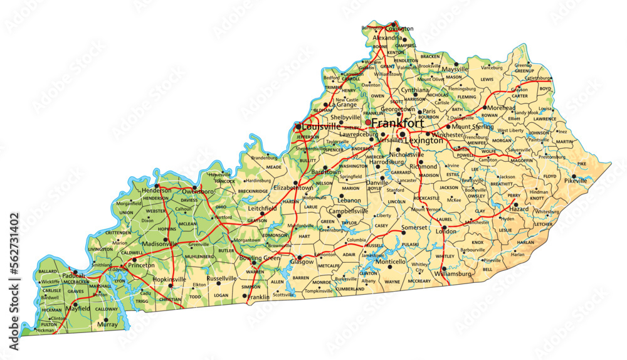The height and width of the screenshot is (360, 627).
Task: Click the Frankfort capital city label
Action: click(x=397, y=123)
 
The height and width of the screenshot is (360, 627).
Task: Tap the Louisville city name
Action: click(x=320, y=127)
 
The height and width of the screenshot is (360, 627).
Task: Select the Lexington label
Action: click(x=423, y=141)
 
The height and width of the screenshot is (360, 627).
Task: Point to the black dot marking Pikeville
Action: click(x=574, y=176)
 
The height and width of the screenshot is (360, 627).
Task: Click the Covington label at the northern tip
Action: click(x=399, y=29)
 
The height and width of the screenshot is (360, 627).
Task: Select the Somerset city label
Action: click(x=414, y=227)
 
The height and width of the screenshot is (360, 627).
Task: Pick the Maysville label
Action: click(x=455, y=69)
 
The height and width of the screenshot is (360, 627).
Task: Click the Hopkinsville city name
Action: click(x=170, y=278)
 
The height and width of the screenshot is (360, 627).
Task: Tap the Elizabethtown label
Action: click(x=294, y=188)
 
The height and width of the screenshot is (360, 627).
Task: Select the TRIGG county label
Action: click(x=142, y=302)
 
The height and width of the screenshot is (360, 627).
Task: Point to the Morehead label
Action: click(x=500, y=107)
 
